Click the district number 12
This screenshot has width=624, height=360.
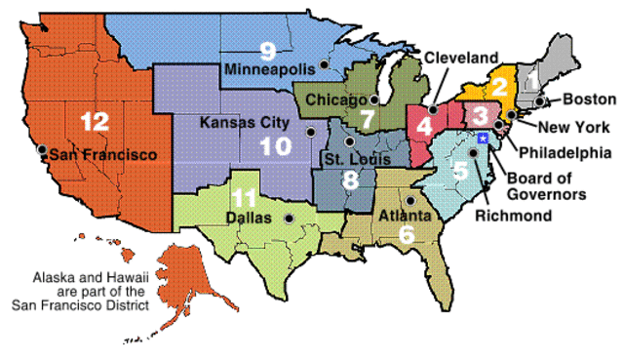95,122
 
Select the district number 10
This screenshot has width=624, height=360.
272,146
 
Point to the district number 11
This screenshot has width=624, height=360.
246,195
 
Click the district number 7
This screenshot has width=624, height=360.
367,120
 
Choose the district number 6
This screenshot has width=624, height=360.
407,233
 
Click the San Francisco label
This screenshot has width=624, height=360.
103,154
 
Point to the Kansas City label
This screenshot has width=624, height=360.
244,123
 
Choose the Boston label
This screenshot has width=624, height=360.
589,100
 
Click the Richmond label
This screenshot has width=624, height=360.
514,215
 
